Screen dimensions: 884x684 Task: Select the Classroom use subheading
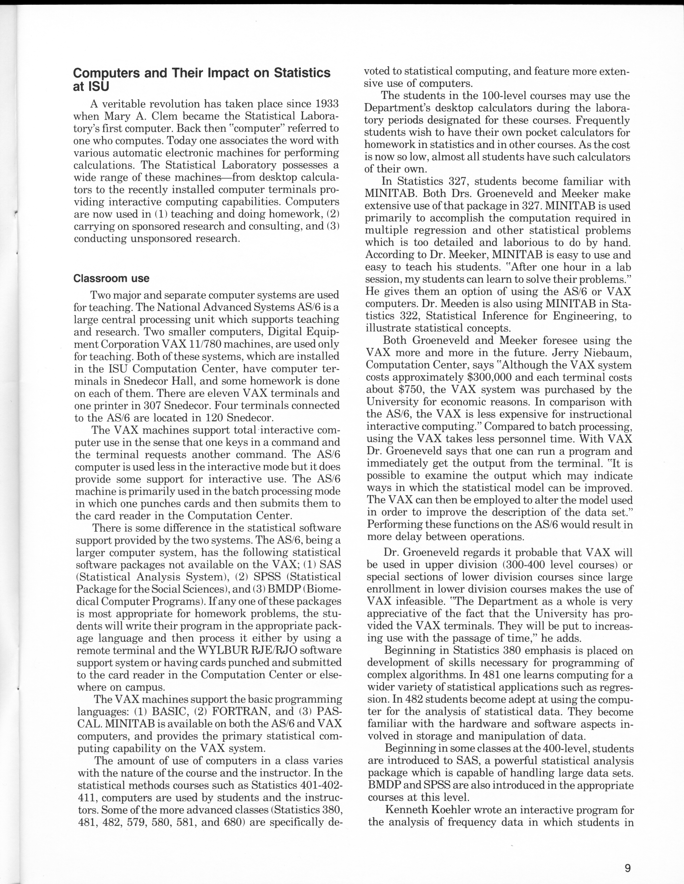point(111,278)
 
